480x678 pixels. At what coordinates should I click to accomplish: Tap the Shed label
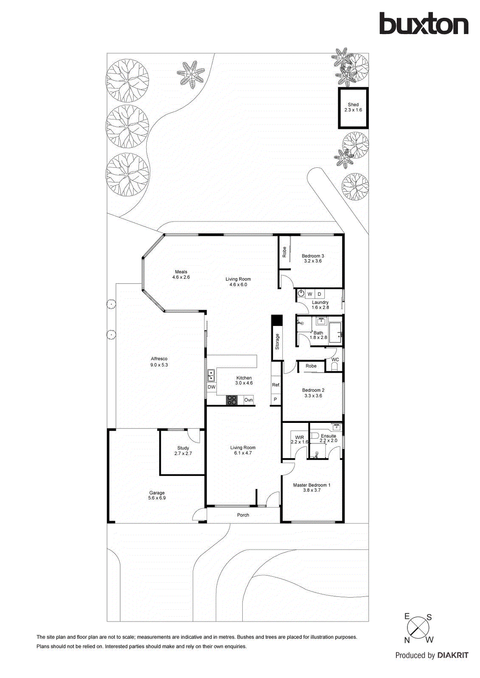coord(353,107)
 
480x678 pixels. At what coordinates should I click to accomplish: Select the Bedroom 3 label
coord(313,258)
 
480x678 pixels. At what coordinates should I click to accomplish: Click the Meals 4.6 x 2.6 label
coord(181,275)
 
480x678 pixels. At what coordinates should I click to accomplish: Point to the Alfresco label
coord(159,361)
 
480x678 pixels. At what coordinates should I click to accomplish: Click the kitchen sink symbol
coord(211,375)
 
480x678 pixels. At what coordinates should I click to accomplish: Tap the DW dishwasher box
coord(211,387)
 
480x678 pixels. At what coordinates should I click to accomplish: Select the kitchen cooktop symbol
coord(232,400)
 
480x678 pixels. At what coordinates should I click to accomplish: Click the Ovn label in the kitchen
coord(249,400)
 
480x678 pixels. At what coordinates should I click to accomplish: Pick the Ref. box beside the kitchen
coord(276,385)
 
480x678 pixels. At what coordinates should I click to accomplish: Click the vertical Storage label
coord(277,342)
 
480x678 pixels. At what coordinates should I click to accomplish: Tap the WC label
coord(335,360)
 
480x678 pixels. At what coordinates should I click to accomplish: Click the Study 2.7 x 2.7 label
coord(183,450)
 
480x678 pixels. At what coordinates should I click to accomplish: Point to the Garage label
coord(157,495)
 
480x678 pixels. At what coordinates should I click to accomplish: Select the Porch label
coord(243,515)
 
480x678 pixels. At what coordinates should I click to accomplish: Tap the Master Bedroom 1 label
coord(312,487)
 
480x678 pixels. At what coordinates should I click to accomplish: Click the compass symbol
coord(418,628)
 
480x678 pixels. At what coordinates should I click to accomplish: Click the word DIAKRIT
coord(453,656)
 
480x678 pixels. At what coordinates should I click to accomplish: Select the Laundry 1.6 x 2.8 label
coord(320,305)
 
